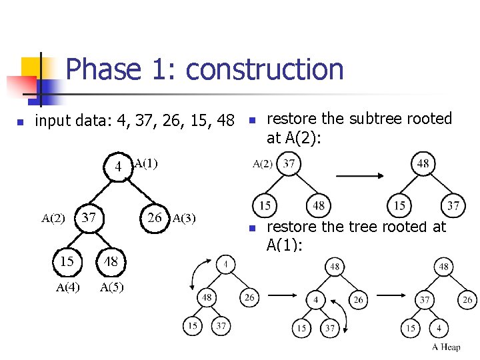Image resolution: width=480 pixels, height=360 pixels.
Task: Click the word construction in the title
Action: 265,69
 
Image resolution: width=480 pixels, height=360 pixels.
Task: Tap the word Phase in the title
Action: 103,69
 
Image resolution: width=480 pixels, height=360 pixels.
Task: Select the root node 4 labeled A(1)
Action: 118,167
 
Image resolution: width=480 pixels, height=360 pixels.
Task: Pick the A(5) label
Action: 111,287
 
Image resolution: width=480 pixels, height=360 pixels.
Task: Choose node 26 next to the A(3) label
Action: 155,217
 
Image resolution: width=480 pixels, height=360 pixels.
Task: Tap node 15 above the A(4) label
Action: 67,261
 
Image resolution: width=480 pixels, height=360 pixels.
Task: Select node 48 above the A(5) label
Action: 111,261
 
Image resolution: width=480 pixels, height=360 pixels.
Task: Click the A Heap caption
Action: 446,347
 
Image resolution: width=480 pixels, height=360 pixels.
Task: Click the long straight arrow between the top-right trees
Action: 359,177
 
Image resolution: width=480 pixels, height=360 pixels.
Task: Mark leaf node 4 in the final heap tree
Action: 439,328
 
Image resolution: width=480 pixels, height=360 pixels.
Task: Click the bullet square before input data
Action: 21,122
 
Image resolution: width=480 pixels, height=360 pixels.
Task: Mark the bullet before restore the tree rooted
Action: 252,229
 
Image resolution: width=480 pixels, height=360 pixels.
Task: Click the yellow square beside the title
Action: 31,67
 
